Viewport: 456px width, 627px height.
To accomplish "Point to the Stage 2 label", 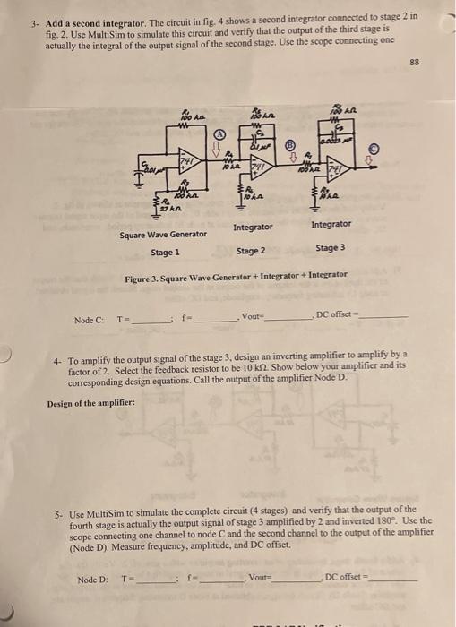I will point(251,251).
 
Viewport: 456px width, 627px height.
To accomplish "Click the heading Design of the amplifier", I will point(91,401).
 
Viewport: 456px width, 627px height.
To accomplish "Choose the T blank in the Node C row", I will point(149,319).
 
